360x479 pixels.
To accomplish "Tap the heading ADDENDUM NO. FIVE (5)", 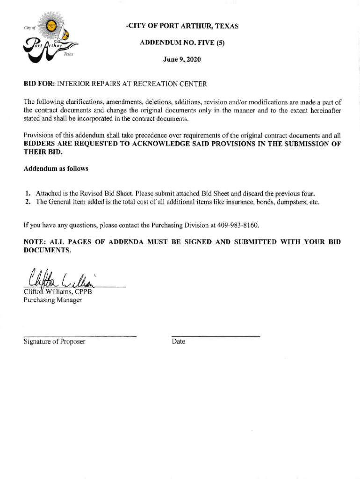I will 182,43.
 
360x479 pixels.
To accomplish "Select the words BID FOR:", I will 39,84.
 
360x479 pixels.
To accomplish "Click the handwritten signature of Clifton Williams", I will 61,278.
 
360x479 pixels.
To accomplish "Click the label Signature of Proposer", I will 54,342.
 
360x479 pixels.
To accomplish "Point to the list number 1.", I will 29,193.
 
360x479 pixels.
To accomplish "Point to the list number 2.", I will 29,202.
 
